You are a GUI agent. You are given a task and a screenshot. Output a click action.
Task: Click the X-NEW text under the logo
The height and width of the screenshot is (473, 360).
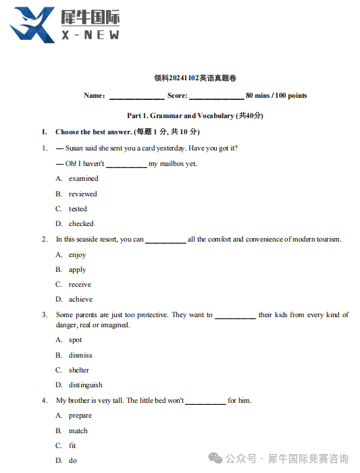tap(89, 35)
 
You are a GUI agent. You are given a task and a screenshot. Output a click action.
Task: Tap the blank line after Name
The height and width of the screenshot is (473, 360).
tap(136, 96)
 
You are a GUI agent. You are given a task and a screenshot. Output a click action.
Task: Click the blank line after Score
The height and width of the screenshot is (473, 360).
tap(215, 96)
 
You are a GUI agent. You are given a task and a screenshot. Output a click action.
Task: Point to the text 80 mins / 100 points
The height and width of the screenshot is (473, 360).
tap(276, 96)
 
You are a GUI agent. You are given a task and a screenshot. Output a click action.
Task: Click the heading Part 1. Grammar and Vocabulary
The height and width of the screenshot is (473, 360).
tap(195, 115)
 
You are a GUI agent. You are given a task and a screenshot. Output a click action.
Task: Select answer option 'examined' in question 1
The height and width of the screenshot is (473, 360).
tap(83, 179)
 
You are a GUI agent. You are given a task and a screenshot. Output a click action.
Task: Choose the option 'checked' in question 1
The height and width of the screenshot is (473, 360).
tap(81, 223)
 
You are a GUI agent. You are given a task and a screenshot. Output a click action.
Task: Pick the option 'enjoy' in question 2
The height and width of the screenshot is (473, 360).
tap(77, 255)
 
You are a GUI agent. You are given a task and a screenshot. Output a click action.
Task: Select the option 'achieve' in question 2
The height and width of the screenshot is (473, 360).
tap(80, 300)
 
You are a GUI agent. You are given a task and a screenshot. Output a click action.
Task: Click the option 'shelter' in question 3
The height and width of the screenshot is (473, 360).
tap(78, 370)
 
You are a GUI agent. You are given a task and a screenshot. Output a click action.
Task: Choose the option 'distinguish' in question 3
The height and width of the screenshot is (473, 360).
tap(85, 385)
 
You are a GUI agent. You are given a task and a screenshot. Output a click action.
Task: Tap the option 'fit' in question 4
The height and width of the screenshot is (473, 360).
tap(72, 446)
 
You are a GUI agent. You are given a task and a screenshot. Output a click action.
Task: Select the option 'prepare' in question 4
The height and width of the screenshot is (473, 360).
tap(80, 416)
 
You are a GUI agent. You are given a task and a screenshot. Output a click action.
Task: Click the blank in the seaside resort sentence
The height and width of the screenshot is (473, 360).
tap(165, 240)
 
